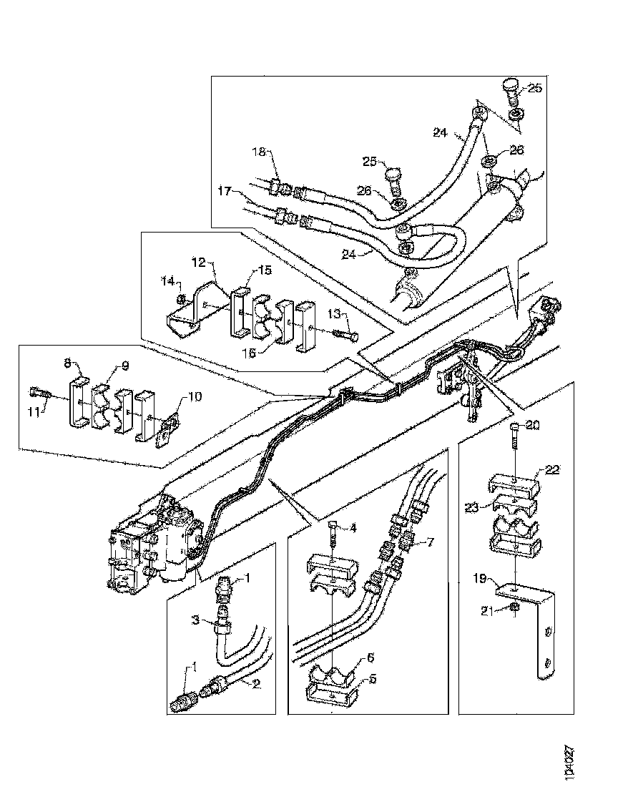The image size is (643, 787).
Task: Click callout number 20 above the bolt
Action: point(532,424)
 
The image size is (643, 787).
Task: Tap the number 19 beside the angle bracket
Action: point(481,574)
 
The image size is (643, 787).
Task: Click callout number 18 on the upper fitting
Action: point(258,152)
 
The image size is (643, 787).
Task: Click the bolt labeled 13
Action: point(347,334)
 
